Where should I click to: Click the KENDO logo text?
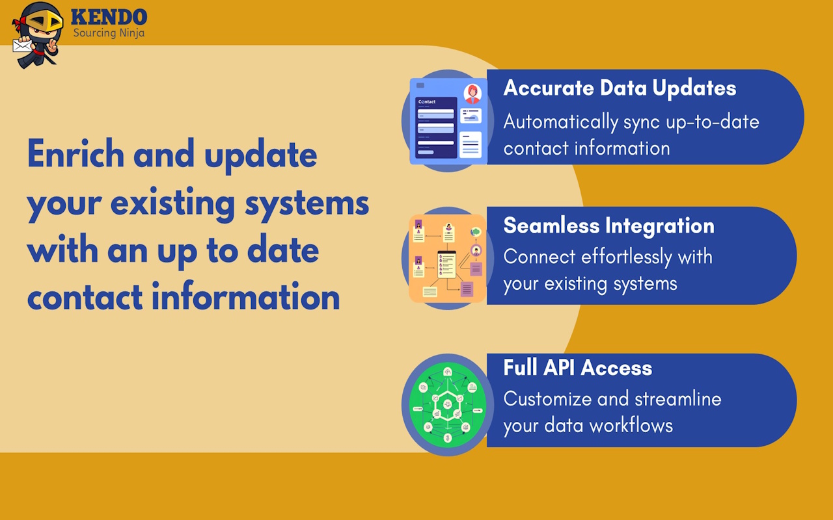coord(109,17)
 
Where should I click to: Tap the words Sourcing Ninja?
coord(109,33)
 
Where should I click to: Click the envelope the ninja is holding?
coord(22,45)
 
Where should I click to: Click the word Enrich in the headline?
coord(76,153)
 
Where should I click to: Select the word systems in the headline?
coord(307,204)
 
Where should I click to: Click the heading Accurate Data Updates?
coord(620,88)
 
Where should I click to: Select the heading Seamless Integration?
coord(608,226)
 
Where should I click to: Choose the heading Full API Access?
coord(577,367)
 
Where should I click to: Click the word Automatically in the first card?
coord(561,122)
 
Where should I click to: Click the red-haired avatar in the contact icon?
coord(472,94)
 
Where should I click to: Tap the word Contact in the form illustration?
coord(426,102)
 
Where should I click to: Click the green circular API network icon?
coord(447,404)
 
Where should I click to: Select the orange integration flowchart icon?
coord(447,259)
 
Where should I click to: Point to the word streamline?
coord(678,398)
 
